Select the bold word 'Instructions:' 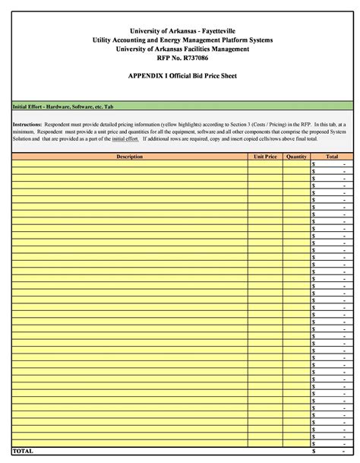click(27, 123)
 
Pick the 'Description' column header click(129, 156)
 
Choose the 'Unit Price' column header click(265, 156)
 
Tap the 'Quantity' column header click(296, 156)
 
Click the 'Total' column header click(332, 156)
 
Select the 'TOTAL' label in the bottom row click(23, 451)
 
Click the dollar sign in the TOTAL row click(314, 451)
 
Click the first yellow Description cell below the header click(129, 163)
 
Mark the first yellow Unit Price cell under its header click(265, 163)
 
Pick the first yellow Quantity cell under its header click(296, 163)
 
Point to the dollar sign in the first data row click(314, 163)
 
